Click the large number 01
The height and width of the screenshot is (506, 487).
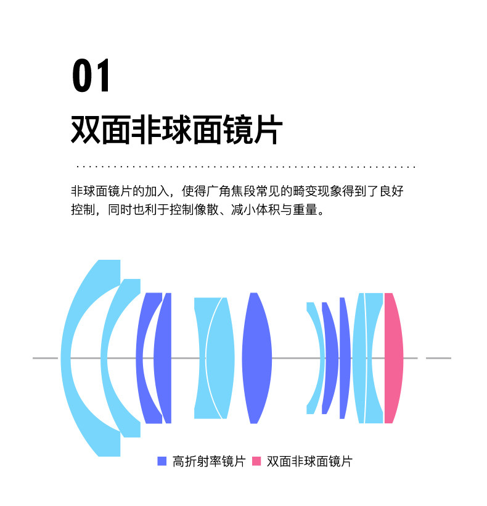coord(92,76)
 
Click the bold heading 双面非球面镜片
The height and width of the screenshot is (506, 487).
coord(177,130)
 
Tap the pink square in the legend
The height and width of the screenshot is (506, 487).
coord(256,461)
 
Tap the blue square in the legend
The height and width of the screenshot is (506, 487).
coord(162,461)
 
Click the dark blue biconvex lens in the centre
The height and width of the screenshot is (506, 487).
coord(256,358)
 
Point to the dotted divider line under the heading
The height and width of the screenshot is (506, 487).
coord(245,167)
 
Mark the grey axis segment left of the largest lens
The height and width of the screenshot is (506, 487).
coord(45,358)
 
